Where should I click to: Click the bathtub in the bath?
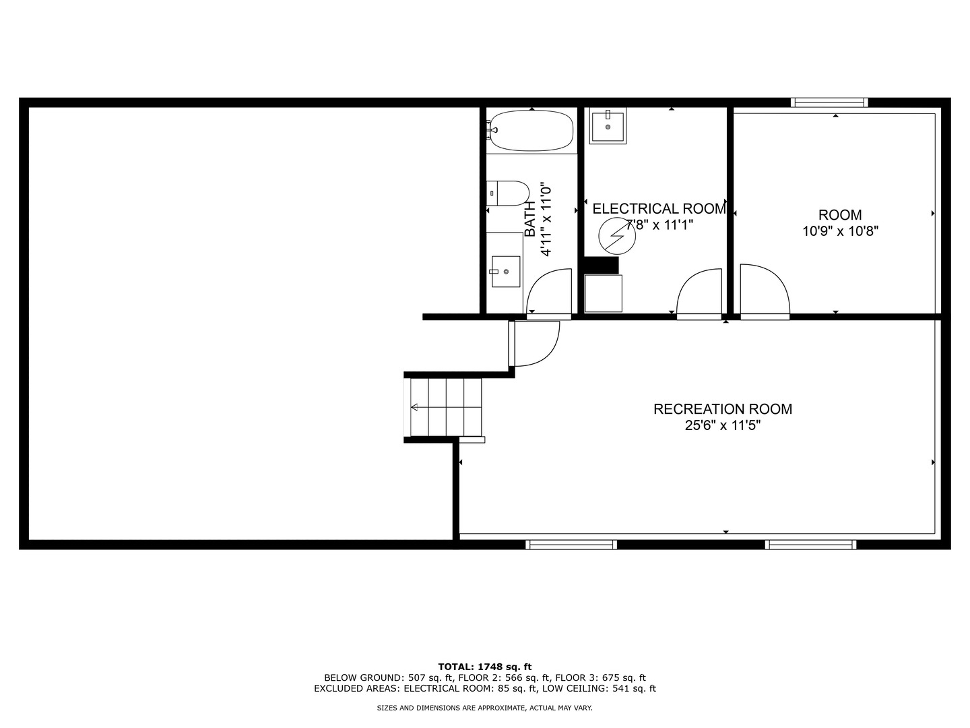point(531,131)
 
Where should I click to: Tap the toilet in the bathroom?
point(507,193)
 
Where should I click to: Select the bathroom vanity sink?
point(505,271)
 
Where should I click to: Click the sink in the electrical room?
point(608,126)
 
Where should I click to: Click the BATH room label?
point(530,219)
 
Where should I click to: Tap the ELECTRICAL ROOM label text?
point(659,209)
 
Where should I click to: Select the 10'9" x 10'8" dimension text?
point(840,231)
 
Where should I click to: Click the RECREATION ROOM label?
point(723,409)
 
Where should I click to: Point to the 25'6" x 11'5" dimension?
point(723,425)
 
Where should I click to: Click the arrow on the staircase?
point(414,407)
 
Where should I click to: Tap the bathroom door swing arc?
point(548,292)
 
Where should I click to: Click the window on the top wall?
point(829,102)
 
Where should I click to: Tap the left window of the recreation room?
point(571,544)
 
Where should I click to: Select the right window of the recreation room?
point(810,544)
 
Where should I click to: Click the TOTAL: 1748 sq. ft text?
point(485,667)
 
